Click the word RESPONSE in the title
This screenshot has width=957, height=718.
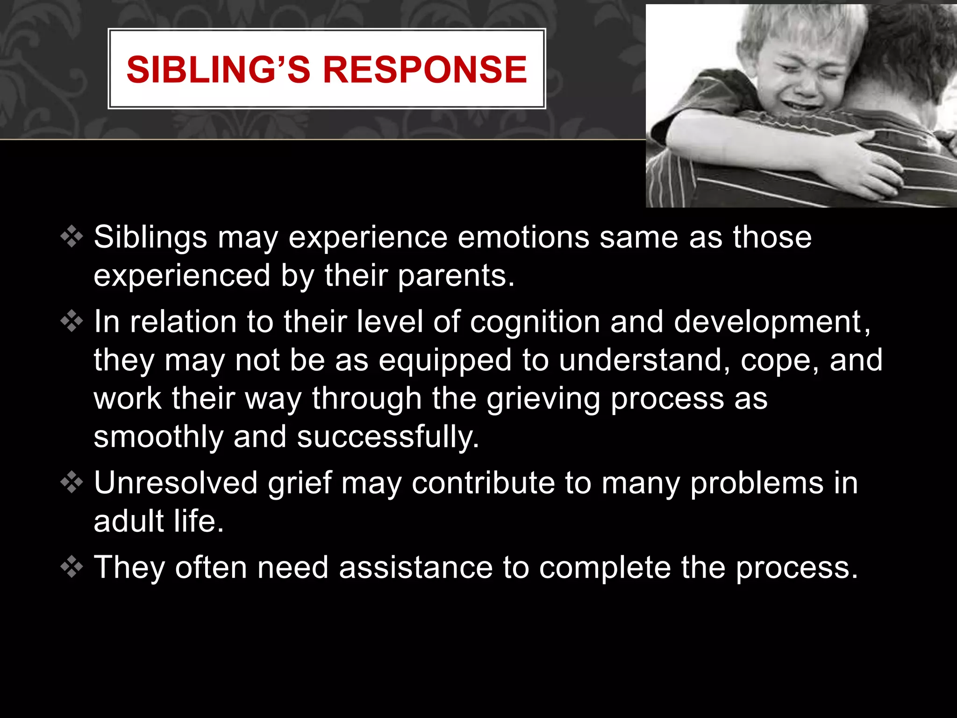click(425, 70)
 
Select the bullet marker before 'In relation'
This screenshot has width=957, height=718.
click(71, 321)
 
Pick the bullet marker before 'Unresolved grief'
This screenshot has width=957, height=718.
click(71, 482)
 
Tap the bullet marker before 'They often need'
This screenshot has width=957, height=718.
click(71, 567)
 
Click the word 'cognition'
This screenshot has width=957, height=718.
click(535, 323)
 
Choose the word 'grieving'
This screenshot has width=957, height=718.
click(543, 400)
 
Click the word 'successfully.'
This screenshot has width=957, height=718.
click(388, 438)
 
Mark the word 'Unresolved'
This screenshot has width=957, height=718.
click(176, 483)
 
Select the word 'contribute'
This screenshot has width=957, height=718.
click(483, 483)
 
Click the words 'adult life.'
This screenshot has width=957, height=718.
click(159, 521)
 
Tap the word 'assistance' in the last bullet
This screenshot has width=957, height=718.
click(416, 568)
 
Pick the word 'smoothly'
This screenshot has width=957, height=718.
click(158, 438)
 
